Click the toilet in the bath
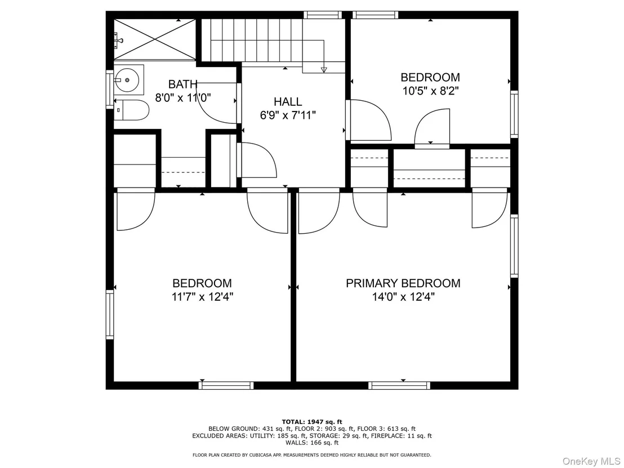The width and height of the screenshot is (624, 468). (131, 110)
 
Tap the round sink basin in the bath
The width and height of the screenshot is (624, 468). (127, 80)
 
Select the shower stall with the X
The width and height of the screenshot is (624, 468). (155, 39)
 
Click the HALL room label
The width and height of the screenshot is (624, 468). (288, 101)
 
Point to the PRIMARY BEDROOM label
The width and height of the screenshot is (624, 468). (403, 283)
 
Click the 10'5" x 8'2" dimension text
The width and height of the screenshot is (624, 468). (431, 91)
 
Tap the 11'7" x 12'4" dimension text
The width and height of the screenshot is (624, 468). (202, 297)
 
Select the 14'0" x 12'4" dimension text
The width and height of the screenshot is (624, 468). (403, 297)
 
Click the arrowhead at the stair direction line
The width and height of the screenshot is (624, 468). (323, 70)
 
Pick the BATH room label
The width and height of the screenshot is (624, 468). (182, 84)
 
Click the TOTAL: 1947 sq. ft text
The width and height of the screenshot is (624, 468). (312, 422)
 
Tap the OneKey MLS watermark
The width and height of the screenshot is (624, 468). (591, 461)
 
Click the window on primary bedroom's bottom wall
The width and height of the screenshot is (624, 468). (399, 385)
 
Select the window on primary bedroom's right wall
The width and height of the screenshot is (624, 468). (514, 246)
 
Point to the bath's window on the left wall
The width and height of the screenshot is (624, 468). (110, 89)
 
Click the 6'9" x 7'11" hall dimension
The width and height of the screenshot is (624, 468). (288, 115)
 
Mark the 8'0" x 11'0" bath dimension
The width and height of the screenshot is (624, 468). (182, 98)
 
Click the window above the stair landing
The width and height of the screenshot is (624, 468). (323, 15)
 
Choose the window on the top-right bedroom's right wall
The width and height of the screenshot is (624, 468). (514, 114)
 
